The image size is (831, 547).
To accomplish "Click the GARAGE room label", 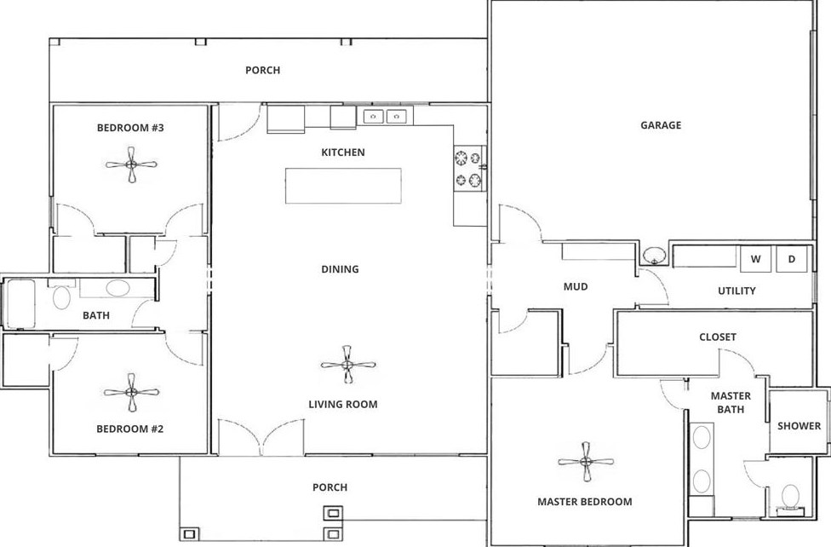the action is tap(661, 125).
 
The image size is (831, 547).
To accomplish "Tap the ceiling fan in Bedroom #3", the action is tap(131, 164).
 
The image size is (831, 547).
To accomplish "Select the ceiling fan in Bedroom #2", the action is tap(131, 393).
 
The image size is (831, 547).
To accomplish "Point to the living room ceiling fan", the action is tap(347, 365).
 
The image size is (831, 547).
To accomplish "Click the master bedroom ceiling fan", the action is tap(586, 462).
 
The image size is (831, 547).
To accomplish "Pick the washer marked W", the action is tap(755, 259).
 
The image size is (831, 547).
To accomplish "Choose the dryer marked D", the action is tap(792, 259).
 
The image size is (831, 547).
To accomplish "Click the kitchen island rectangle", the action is tap(343, 186).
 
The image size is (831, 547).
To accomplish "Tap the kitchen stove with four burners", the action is tap(468, 168).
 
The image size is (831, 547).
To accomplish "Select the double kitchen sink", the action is tap(386, 116).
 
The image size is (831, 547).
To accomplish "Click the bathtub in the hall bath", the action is tap(20, 303).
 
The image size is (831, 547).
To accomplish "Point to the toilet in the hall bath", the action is tap(61, 295).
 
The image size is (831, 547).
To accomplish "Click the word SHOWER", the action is tap(799, 425).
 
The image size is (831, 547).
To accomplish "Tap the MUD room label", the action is tap(576, 286).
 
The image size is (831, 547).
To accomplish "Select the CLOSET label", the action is tap(718, 337).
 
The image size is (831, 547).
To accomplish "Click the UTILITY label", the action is tap(736, 291).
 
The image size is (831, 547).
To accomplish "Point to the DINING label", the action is tap(340, 269).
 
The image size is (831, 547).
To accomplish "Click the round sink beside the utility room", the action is tap(656, 256).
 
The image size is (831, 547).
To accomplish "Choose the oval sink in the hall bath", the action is tap(117, 288).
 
